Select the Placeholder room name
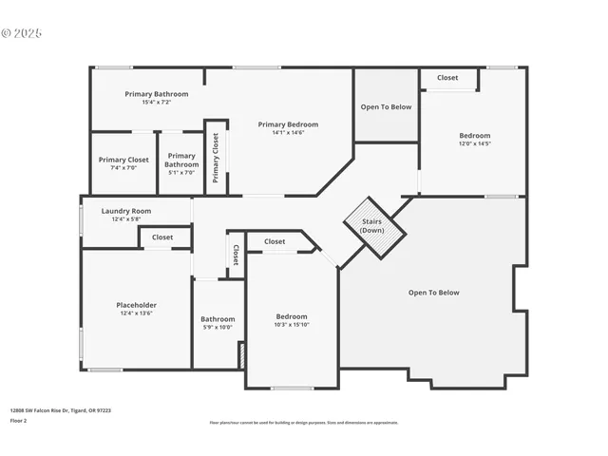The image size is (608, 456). pyautogui.click(x=135, y=305)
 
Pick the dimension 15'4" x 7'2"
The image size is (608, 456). pyautogui.click(x=157, y=103)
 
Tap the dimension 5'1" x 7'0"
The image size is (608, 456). pyautogui.click(x=180, y=172)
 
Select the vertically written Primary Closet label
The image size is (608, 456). pyautogui.click(x=216, y=158)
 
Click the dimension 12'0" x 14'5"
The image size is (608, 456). pyautogui.click(x=475, y=144)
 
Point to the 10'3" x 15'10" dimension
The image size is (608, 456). pyautogui.click(x=292, y=325)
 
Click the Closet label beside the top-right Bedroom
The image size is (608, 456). pyautogui.click(x=446, y=78)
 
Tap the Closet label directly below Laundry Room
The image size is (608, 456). pyautogui.click(x=162, y=237)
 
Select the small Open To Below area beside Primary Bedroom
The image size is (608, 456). pyautogui.click(x=386, y=106)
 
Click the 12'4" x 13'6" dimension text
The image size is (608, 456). pyautogui.click(x=135, y=313)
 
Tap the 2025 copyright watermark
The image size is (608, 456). pyautogui.click(x=22, y=32)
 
